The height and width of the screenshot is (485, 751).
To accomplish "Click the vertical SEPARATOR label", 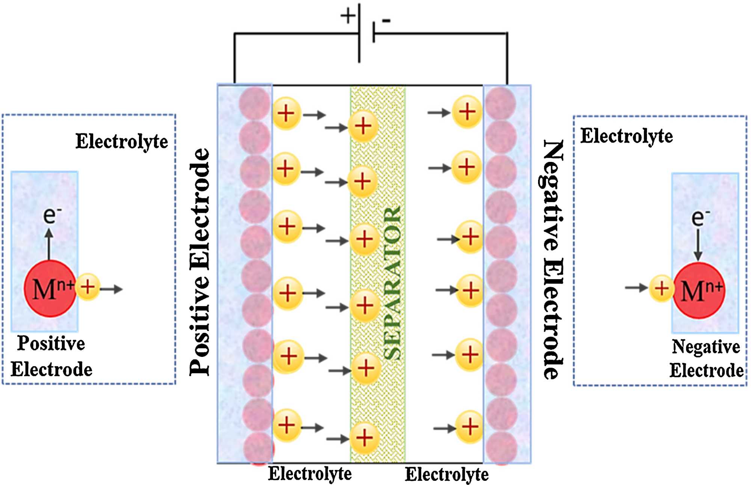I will point(393,284).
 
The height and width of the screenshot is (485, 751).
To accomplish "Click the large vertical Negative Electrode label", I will point(553,259).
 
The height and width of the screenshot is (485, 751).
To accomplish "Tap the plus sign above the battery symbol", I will point(348,16).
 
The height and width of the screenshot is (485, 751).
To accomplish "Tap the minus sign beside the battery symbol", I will point(386,21).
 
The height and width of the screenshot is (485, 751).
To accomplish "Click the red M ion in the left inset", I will point(50,289).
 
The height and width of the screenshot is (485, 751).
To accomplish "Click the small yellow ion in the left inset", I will point(88,287).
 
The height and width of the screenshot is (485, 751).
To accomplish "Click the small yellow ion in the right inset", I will point(661,289).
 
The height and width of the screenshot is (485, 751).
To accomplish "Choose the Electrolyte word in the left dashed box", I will point(122,142).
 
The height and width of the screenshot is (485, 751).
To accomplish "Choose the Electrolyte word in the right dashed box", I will point(626,136).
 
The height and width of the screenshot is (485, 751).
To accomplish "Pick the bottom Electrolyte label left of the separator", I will point(310,474).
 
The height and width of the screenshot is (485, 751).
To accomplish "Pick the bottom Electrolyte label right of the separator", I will point(447,474).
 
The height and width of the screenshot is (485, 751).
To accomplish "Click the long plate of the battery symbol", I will point(359,33).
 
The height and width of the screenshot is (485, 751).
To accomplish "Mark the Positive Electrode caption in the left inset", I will point(51,356).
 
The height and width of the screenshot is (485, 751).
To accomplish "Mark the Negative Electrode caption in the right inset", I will point(706,358).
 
